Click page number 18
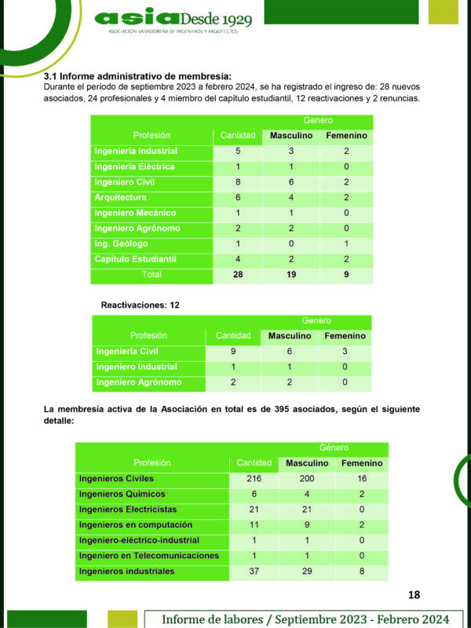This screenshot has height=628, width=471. [x=415, y=595]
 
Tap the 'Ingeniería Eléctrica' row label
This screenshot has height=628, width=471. [x=134, y=166]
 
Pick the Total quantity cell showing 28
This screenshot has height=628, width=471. [x=236, y=275]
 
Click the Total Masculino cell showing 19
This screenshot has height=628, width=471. [x=290, y=275]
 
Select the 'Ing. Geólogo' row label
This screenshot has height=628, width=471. [x=120, y=244]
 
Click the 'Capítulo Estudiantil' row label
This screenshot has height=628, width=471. [x=135, y=259]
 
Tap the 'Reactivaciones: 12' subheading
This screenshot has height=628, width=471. [x=141, y=304]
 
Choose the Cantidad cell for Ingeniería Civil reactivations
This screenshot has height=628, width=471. [x=233, y=352]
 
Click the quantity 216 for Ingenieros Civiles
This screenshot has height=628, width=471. [x=254, y=478]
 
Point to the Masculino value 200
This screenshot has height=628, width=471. [x=307, y=478]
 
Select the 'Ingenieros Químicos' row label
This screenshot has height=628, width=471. [x=122, y=494]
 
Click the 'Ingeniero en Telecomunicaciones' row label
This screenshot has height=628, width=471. [x=149, y=556]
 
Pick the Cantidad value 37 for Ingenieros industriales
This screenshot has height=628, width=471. [x=254, y=571]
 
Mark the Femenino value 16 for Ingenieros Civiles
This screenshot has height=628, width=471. [x=361, y=478]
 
